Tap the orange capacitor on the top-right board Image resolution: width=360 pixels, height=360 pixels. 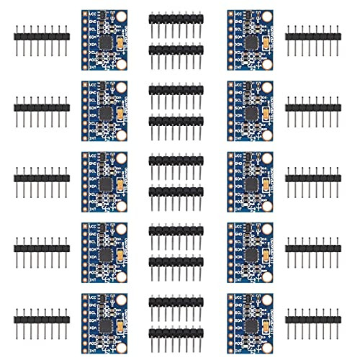265,45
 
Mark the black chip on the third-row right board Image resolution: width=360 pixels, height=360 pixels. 251,185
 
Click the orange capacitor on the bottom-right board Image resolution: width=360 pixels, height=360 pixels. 265,327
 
